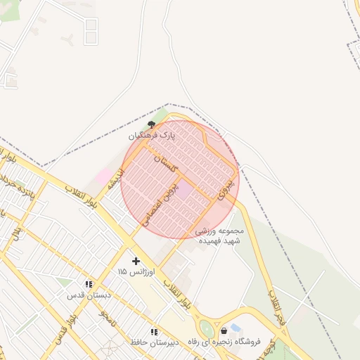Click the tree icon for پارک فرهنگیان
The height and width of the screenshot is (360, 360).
click(x=151, y=124)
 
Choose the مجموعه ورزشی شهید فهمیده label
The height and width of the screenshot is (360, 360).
click(x=220, y=236)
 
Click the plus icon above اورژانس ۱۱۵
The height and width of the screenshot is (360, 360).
click(x=136, y=261)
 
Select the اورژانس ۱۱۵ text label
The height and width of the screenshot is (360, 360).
click(x=131, y=271)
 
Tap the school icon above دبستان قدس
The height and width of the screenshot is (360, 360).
click(x=89, y=284)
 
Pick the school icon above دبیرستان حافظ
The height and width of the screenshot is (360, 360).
click(x=154, y=331)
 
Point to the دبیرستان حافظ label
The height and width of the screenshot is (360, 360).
click(x=150, y=342)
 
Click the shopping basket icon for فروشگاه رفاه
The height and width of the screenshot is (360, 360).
click(x=224, y=330)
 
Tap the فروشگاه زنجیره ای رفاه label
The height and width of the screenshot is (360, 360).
click(x=230, y=342)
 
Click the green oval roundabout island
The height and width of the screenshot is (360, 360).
click(x=207, y=328)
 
